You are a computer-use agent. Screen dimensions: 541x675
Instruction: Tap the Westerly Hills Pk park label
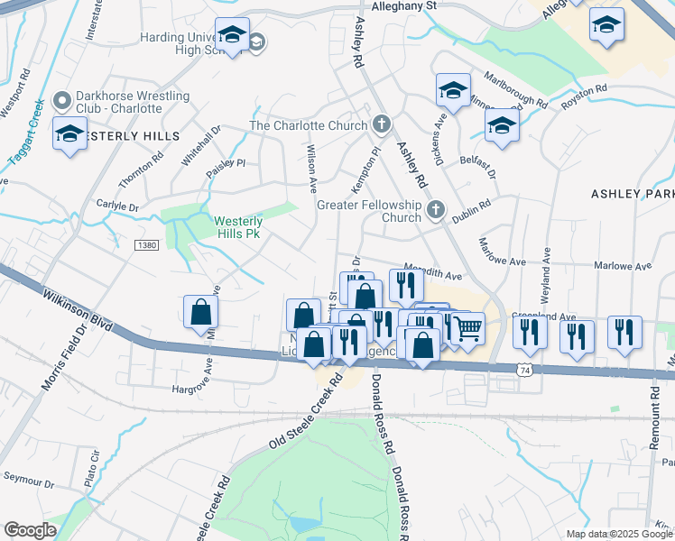238,225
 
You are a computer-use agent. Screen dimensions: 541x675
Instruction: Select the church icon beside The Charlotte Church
382,124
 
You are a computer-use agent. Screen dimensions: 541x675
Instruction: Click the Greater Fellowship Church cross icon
436,210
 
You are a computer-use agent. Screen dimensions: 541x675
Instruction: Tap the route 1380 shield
146,245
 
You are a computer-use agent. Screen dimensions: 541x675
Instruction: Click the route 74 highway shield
524,369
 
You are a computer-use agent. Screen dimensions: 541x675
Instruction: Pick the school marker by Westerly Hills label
69,133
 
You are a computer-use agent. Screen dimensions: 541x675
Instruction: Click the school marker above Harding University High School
233,34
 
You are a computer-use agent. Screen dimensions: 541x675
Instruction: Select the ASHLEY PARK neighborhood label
633,193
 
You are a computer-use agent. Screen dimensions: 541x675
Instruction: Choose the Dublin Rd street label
471,206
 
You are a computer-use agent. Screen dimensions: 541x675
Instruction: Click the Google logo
31,530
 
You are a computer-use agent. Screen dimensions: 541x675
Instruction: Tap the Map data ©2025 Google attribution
618,534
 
